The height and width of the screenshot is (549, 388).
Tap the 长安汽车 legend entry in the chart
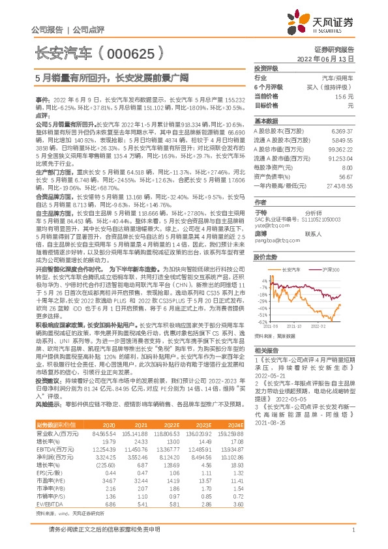(291, 269)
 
